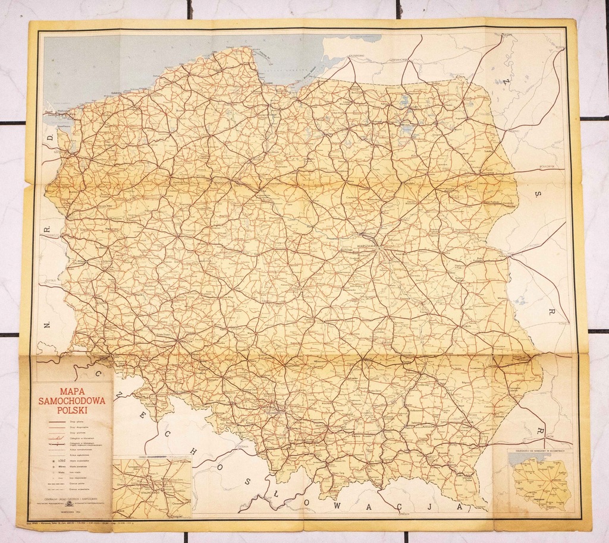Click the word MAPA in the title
(71, 392)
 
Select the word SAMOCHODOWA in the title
(71, 401)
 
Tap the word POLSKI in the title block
(71, 410)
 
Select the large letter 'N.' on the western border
(46, 325)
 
